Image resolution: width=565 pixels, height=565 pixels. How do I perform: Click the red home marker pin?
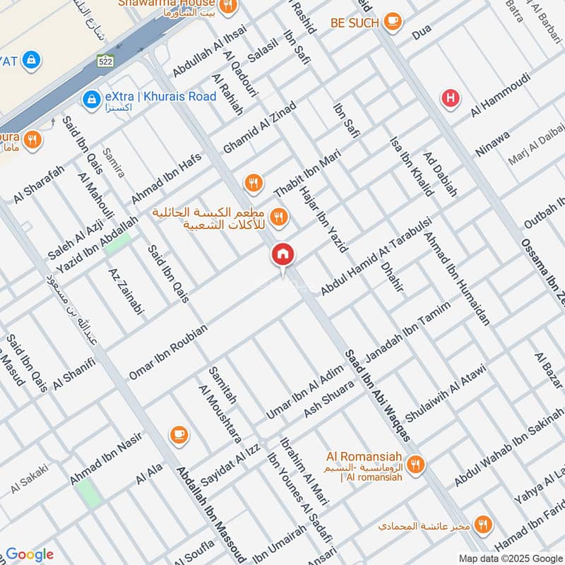[283, 255]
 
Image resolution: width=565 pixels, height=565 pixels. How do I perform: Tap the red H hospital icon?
[449, 98]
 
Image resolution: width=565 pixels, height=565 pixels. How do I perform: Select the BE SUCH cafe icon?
[393, 22]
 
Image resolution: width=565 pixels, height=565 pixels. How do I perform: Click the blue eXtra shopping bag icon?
[90, 98]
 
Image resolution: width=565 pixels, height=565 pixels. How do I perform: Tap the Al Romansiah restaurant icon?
[415, 464]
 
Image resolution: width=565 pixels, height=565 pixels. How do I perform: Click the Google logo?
[29, 554]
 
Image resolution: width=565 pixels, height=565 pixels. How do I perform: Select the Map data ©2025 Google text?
[510, 558]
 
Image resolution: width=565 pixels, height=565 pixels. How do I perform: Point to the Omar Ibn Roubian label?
[168, 352]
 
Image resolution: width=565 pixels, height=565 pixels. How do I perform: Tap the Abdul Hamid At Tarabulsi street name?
[375, 257]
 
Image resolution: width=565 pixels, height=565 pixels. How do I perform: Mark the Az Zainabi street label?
[126, 290]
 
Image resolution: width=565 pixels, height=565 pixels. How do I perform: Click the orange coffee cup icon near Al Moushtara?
[179, 434]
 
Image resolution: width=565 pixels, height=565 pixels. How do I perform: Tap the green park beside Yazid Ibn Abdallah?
[117, 242]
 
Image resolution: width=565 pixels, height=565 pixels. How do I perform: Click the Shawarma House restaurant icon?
[227, 7]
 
